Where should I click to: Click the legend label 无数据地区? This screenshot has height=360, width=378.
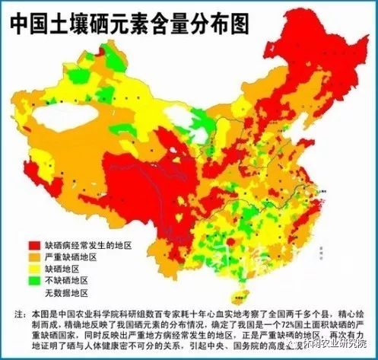click(x=68, y=293)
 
